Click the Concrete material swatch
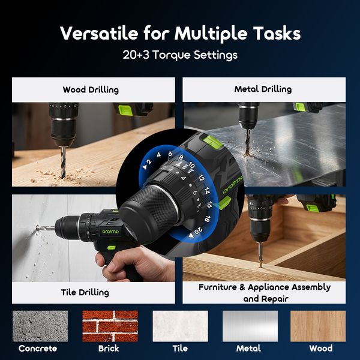[38, 326]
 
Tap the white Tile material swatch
[180, 326]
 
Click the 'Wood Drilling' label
[91, 90]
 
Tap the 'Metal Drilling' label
[263, 89]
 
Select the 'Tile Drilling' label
[85, 293]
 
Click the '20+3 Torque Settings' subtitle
[179, 55]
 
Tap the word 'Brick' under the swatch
[109, 349]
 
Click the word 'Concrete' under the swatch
[38, 349]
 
